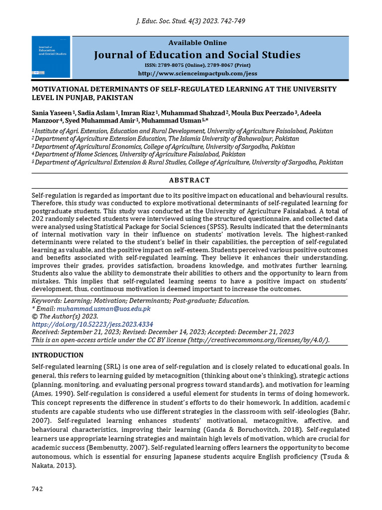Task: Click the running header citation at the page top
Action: tap(191, 21)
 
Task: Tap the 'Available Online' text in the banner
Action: tap(197, 43)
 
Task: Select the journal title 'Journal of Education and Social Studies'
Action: tap(197, 55)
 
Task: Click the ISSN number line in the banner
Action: tap(197, 65)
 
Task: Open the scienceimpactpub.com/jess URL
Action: tap(197, 74)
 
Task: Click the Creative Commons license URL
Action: tap(258, 340)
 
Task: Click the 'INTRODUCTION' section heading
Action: tap(58, 355)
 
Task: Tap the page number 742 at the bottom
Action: tap(37, 489)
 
